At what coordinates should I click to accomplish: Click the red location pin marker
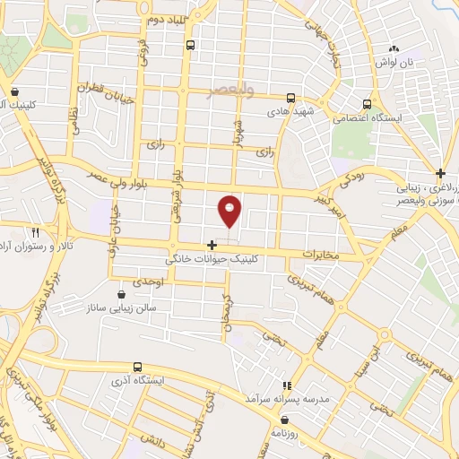(x=230, y=210)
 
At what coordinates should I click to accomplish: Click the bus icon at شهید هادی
(x=290, y=99)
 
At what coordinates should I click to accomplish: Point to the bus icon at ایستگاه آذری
(x=137, y=366)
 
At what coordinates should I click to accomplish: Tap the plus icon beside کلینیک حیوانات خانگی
(x=212, y=245)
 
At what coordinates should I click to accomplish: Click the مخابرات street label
(x=324, y=255)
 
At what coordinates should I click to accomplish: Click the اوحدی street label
(x=148, y=281)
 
